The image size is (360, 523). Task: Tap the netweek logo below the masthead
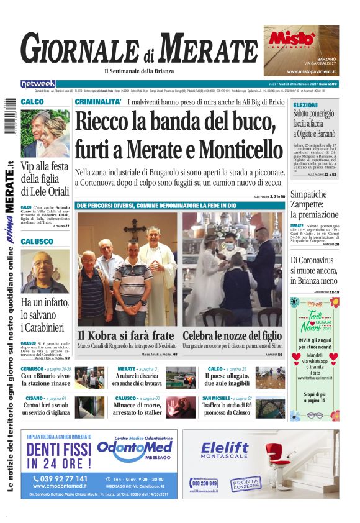pyautogui.click(x=38, y=84)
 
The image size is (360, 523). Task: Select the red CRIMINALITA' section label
pyautogui.click(x=97, y=102)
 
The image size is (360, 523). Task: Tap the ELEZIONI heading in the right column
pyautogui.click(x=305, y=106)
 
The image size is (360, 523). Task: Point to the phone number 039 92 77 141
pyautogui.click(x=60, y=479)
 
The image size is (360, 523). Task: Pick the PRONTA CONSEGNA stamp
pyautogui.click(x=246, y=483)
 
